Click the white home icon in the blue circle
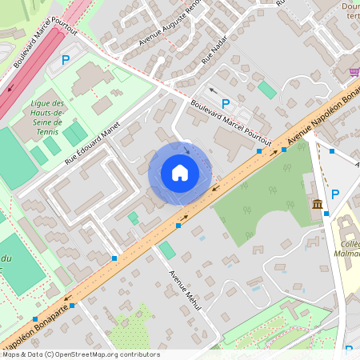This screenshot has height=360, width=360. click(x=180, y=173)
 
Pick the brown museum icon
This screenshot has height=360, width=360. click(x=318, y=204)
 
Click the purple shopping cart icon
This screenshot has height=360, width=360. click(x=354, y=72)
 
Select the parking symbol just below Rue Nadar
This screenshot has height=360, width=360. click(x=226, y=103)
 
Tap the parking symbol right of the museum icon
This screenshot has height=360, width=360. click(x=335, y=194)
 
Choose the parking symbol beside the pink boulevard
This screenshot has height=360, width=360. click(x=66, y=59)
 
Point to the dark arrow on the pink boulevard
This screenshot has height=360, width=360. click(x=10, y=86)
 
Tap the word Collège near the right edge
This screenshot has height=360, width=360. click(x=349, y=245)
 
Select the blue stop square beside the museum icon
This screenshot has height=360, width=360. click(x=326, y=214)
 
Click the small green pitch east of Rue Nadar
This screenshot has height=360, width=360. click(x=267, y=90)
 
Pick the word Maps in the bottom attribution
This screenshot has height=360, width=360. click(x=11, y=354)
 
